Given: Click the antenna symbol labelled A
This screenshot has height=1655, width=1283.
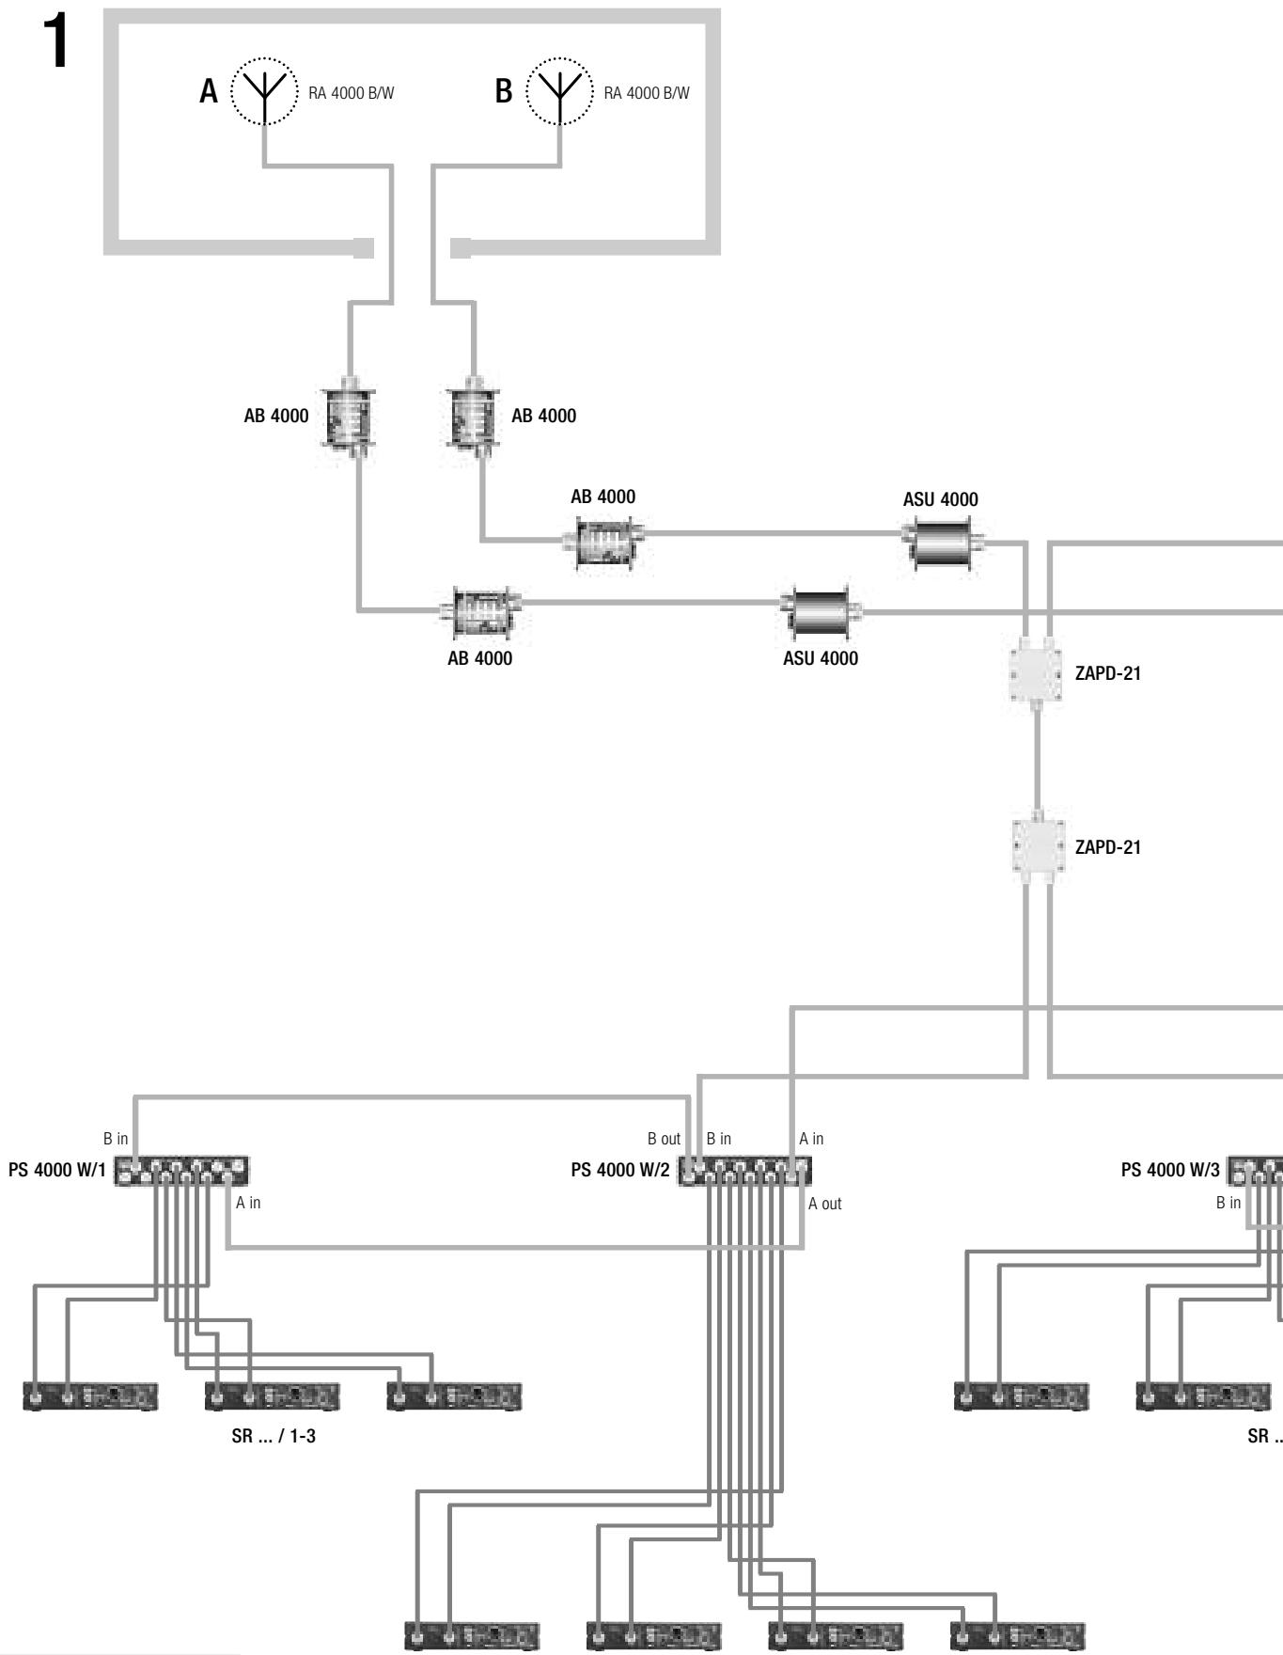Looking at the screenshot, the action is (264, 91).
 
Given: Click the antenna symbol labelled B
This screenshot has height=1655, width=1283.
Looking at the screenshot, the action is (560, 91).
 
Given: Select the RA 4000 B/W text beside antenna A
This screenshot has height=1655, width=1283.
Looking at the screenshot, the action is (352, 92).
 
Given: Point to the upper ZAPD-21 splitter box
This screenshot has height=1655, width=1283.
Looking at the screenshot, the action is (1037, 673).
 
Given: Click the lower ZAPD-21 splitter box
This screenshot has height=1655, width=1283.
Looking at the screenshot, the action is (1037, 845).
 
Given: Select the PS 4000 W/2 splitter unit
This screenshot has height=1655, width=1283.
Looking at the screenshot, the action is (745, 1172).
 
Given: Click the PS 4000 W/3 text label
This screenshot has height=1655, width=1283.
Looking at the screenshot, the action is (1170, 1171).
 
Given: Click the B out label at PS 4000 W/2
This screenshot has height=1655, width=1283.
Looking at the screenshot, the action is (664, 1139).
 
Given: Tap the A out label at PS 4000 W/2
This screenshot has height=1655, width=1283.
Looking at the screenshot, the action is (825, 1204).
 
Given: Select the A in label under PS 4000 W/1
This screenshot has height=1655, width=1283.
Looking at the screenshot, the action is (248, 1203).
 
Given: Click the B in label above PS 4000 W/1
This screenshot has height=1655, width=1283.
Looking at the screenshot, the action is (116, 1139).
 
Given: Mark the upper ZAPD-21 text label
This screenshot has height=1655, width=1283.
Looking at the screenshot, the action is (1108, 673).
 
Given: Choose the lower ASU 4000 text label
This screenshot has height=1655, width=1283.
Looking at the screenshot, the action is (821, 659).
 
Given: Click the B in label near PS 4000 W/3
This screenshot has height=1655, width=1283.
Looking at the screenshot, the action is (1228, 1203).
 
